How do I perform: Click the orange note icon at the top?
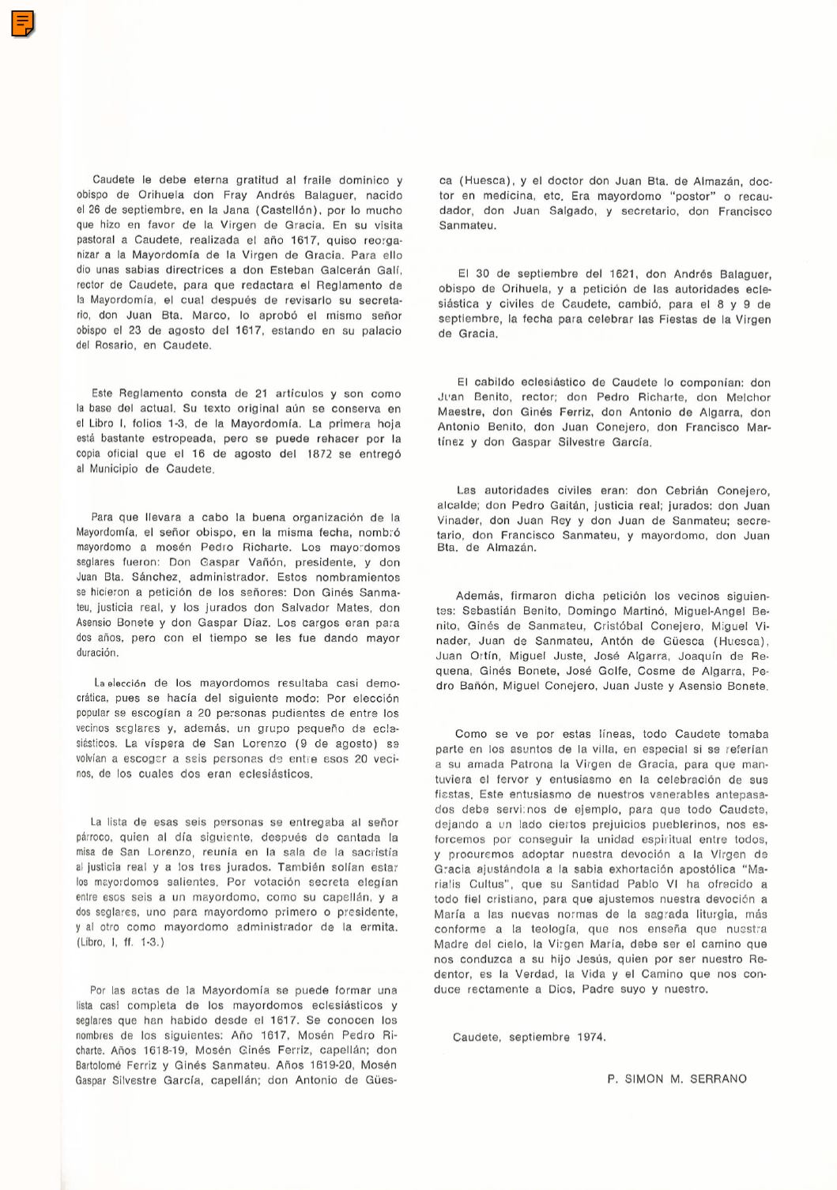pyautogui.click(x=23, y=24)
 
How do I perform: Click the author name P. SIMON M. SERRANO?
pyautogui.click(x=677, y=1079)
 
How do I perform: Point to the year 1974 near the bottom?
pyautogui.click(x=590, y=1037)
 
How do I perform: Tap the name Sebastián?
pyautogui.click(x=491, y=611)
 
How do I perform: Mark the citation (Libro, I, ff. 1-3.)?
pyautogui.click(x=120, y=942)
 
